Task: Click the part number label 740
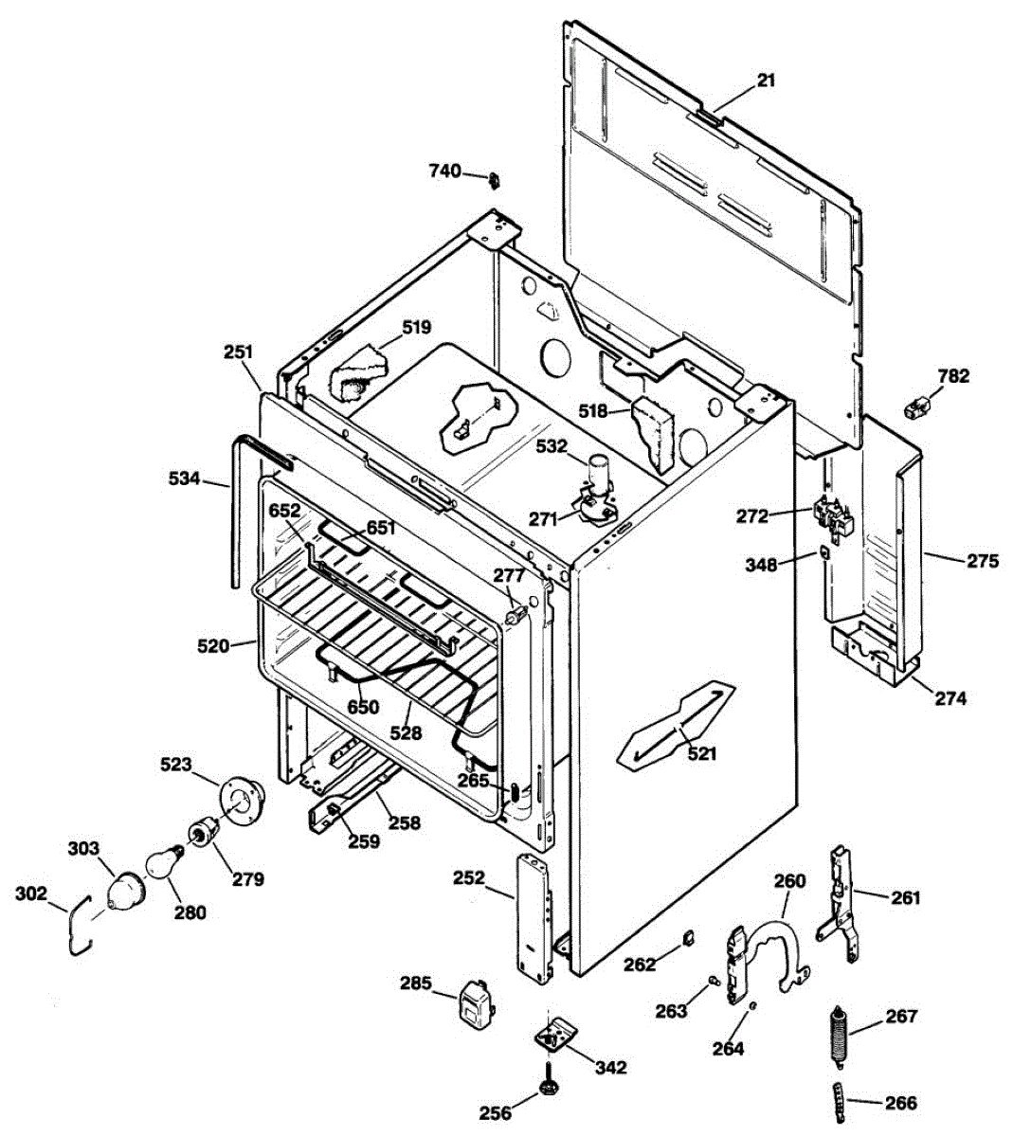coord(445,171)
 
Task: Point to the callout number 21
coord(766,81)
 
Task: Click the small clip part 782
coord(916,406)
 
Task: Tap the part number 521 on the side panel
coord(702,753)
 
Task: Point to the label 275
coord(984,561)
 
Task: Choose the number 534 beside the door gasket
coord(184,478)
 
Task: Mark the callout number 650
coord(363,707)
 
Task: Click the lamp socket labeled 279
coord(202,829)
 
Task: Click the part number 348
coord(761,565)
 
